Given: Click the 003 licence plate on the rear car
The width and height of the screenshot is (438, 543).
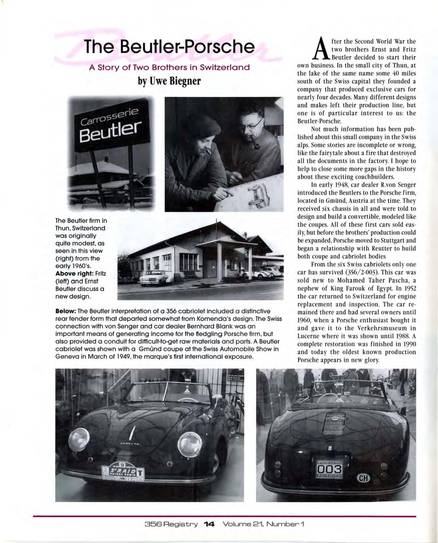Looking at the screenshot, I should tap(331, 470).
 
